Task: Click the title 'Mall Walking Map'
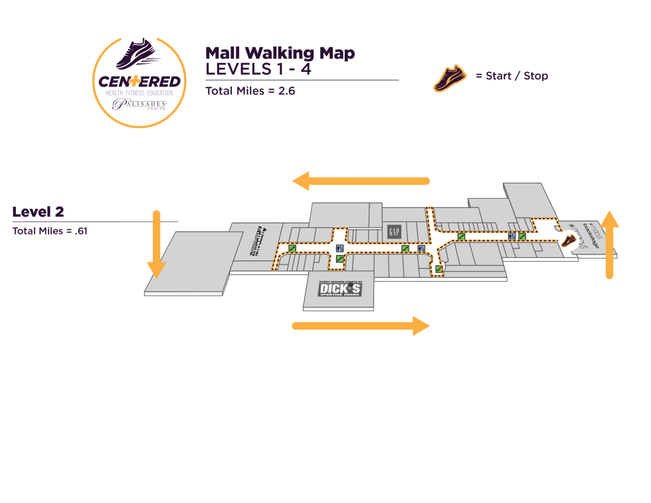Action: coord(280,53)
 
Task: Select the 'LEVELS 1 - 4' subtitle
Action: coord(258,69)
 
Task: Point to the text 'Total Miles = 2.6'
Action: coord(250,91)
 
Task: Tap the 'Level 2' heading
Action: coord(38,212)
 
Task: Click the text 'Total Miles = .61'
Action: coord(50,231)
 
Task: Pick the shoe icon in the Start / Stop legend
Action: coord(450,77)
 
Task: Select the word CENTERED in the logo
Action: coord(139,82)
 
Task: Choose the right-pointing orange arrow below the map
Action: coord(361,326)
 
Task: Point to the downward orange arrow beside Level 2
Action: coord(156,244)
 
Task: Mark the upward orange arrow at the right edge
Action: coord(610,244)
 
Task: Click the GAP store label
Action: coord(395,232)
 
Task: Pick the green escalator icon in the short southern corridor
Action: coord(438,268)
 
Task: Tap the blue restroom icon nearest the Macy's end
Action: coord(511,237)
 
